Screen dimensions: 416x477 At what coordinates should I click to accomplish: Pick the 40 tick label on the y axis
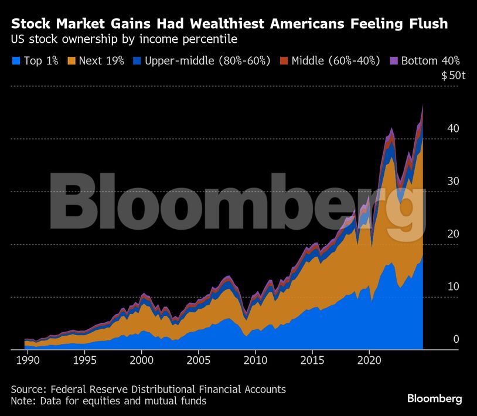[x=453, y=129]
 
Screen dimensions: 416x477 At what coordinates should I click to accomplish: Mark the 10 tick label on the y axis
[x=453, y=287]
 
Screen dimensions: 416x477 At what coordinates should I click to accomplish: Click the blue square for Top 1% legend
[x=16, y=60]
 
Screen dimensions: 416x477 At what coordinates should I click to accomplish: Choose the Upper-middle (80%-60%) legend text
[x=207, y=60]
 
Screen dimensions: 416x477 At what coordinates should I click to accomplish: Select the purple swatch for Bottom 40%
[x=394, y=60]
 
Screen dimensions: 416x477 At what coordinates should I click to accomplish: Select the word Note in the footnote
[x=22, y=401]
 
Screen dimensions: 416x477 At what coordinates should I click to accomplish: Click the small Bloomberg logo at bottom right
[x=434, y=399]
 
